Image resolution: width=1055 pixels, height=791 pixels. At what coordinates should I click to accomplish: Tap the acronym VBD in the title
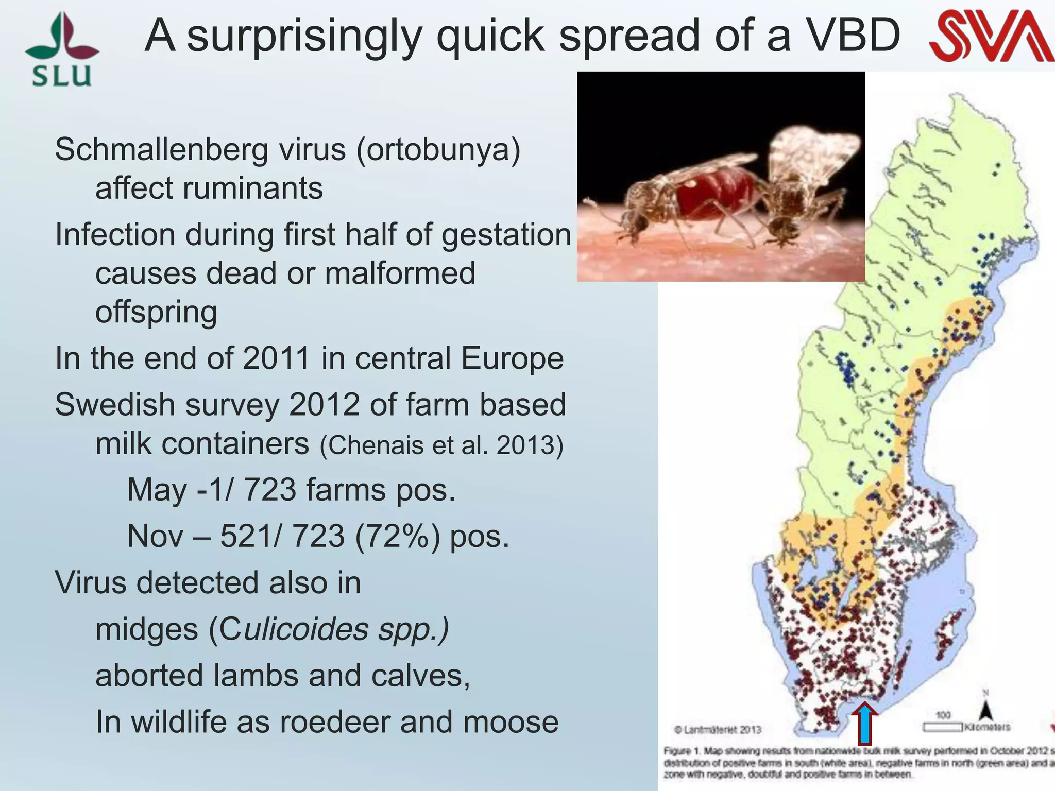(x=853, y=36)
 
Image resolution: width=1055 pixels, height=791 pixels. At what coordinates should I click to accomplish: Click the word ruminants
(x=252, y=188)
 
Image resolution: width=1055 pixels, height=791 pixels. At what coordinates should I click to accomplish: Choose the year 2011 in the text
(x=276, y=358)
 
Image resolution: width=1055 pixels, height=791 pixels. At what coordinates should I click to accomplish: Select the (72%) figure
(x=397, y=536)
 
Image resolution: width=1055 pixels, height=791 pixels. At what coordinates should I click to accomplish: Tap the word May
(x=157, y=490)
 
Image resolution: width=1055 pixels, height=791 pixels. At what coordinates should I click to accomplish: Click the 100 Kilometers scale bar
(x=942, y=727)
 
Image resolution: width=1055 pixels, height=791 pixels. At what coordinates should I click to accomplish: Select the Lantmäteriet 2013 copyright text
(x=718, y=730)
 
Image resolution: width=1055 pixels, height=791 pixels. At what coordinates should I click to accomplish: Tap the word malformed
(x=400, y=273)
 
